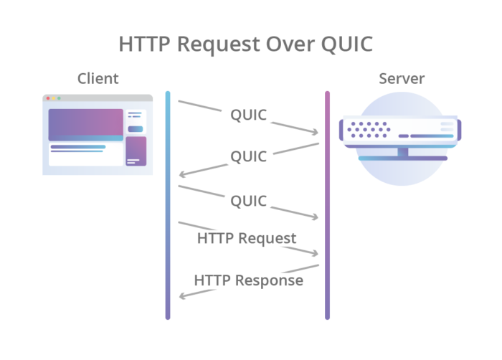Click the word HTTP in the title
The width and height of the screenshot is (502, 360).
pyautogui.click(x=144, y=44)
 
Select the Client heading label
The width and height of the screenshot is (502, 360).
pyautogui.click(x=98, y=78)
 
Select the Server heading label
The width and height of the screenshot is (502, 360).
pyautogui.click(x=402, y=78)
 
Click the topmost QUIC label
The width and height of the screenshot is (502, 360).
pyautogui.click(x=248, y=115)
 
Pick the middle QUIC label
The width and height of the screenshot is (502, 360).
pyautogui.click(x=248, y=156)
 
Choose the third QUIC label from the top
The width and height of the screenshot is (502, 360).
pyautogui.click(x=248, y=201)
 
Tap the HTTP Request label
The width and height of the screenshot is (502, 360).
pyautogui.click(x=247, y=238)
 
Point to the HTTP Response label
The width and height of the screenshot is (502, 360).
pyautogui.click(x=249, y=280)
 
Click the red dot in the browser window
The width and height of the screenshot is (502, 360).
pyautogui.click(x=48, y=98)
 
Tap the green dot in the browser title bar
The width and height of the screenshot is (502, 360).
pyautogui.click(x=60, y=98)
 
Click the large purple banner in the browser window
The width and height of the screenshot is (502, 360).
pyautogui.click(x=86, y=124)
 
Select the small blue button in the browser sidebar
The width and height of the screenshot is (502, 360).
pyautogui.click(x=136, y=129)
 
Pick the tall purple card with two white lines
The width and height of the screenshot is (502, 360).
pyautogui.click(x=136, y=151)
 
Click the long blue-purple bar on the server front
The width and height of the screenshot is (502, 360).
pyautogui.click(x=424, y=136)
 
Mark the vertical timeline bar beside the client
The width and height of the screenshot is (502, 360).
pyautogui.click(x=168, y=204)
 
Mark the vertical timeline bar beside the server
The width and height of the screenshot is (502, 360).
pyautogui.click(x=328, y=204)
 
